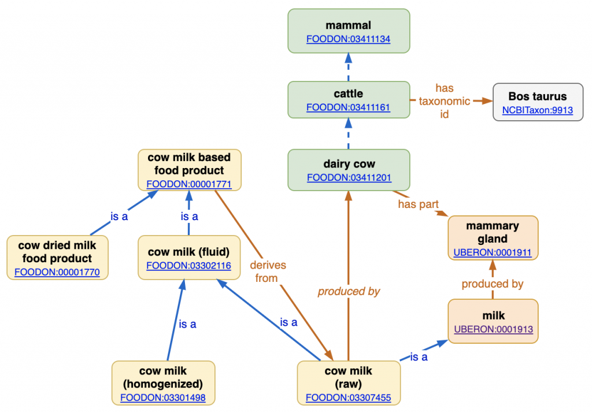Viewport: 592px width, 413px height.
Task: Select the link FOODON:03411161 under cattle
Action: pos(349,107)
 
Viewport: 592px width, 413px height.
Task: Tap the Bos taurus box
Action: pos(537,102)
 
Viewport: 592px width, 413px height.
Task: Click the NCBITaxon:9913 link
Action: pos(537,110)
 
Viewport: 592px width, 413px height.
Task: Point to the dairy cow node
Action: pos(349,170)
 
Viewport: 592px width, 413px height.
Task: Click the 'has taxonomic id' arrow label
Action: pos(445,101)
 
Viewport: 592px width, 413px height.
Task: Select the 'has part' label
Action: pos(417,204)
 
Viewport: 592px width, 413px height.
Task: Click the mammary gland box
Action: pos(493,238)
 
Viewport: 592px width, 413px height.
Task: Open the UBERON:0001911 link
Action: pos(493,252)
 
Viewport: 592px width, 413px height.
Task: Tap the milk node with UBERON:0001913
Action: pos(493,322)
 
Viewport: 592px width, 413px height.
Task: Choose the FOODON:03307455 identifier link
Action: pos(348,397)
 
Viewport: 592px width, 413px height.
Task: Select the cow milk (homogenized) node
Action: pos(163,383)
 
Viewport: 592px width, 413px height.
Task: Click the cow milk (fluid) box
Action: pos(188,258)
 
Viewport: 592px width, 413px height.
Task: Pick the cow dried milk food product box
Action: pos(57,258)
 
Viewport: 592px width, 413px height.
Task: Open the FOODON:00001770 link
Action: pos(57,272)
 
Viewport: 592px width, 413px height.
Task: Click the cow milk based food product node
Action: pos(188,170)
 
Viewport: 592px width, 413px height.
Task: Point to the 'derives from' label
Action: pos(268,271)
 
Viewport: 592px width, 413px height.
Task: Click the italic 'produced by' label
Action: pos(349,291)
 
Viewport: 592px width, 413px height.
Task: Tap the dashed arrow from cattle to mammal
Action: pos(349,66)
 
